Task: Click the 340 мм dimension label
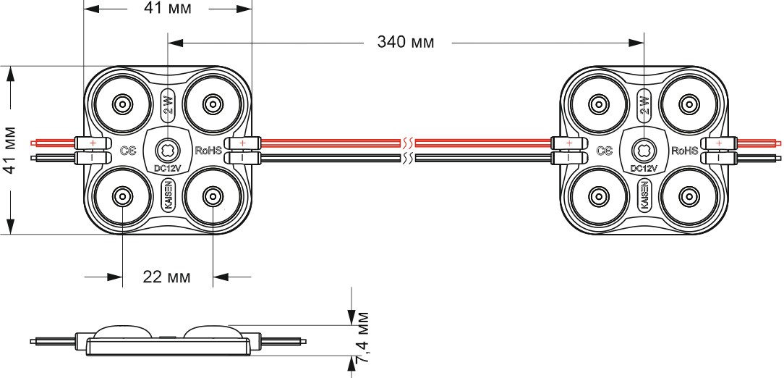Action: [406, 42]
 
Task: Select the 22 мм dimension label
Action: [167, 277]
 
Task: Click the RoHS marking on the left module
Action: [208, 151]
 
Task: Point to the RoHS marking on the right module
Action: [685, 151]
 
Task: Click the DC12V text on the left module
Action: [167, 169]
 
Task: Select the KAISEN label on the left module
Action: [167, 196]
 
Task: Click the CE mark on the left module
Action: [128, 151]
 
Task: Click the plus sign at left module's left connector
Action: [93, 143]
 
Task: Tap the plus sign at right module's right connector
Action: [719, 143]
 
